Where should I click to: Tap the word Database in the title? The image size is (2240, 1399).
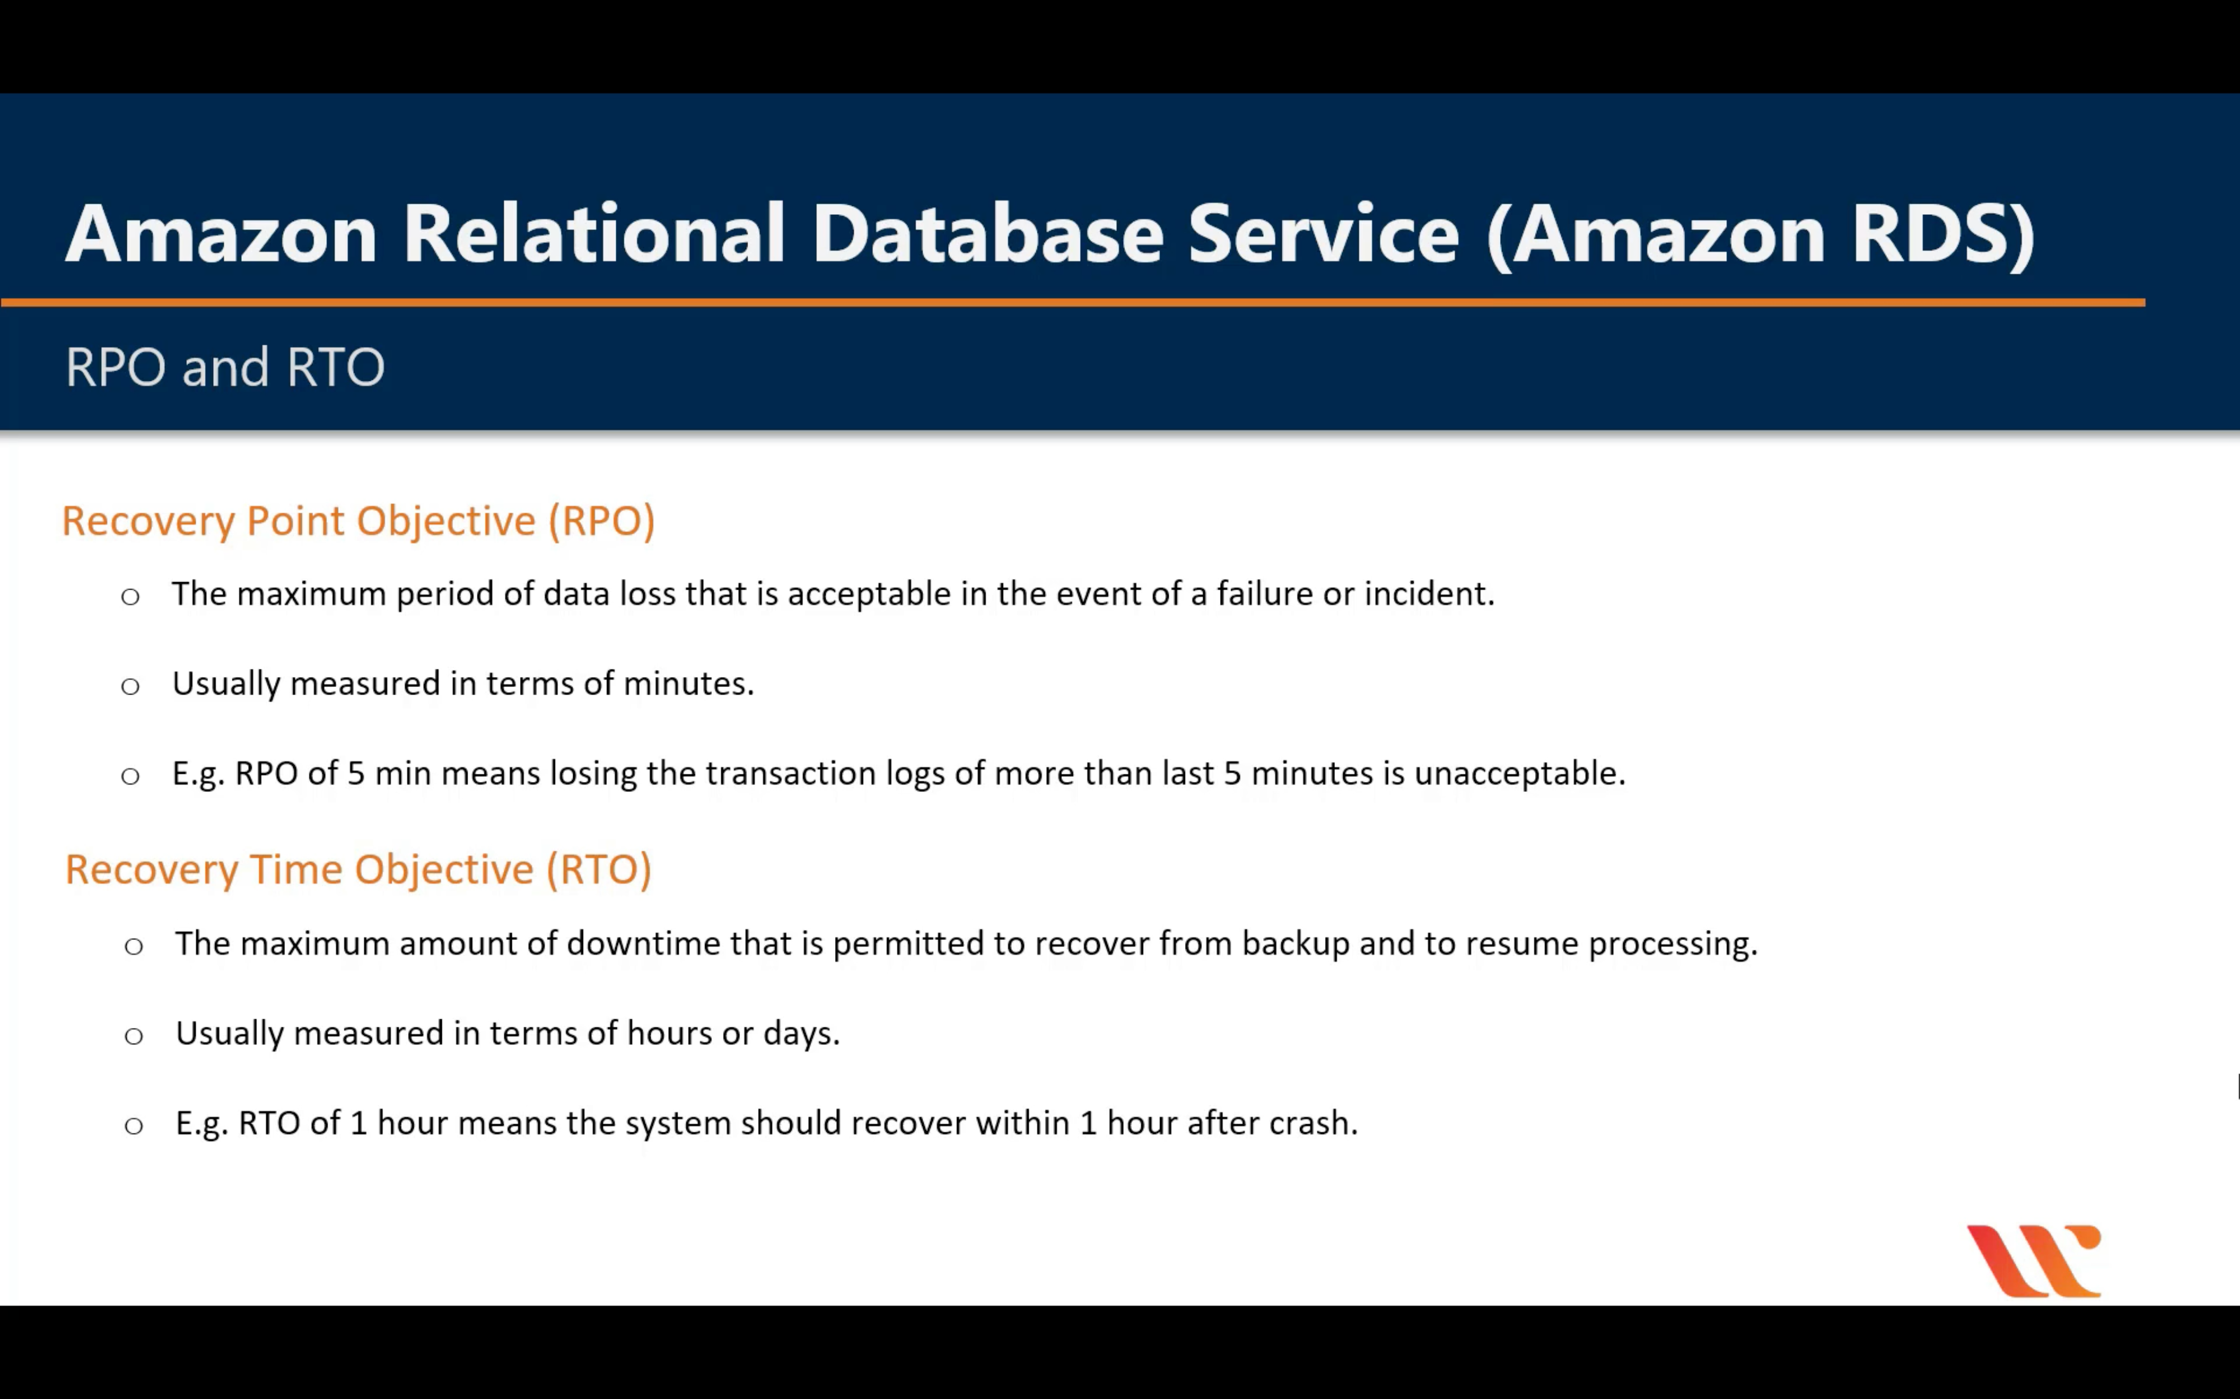point(987,234)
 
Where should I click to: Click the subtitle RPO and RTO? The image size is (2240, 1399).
point(225,367)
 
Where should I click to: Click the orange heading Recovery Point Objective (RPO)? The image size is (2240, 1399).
point(358,521)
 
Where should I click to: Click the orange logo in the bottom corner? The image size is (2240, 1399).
point(2034,1261)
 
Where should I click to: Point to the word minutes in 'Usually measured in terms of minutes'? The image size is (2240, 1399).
point(689,684)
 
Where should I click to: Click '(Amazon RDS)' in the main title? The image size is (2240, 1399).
point(1761,234)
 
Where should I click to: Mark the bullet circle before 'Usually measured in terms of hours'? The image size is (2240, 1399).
point(134,1036)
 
